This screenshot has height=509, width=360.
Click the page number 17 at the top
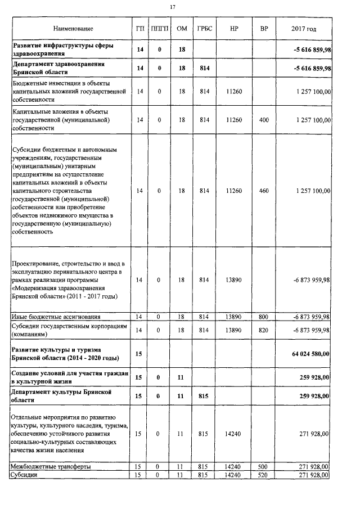click(x=174, y=6)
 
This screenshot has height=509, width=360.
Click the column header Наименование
click(x=73, y=28)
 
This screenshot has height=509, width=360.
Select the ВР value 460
click(x=263, y=191)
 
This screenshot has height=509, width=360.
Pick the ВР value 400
click(x=263, y=120)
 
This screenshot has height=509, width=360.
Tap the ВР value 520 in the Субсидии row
click(x=263, y=475)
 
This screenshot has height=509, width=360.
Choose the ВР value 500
click(x=263, y=466)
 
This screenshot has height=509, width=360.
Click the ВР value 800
click(x=263, y=317)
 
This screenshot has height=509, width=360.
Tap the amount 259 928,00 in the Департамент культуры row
click(x=310, y=396)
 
